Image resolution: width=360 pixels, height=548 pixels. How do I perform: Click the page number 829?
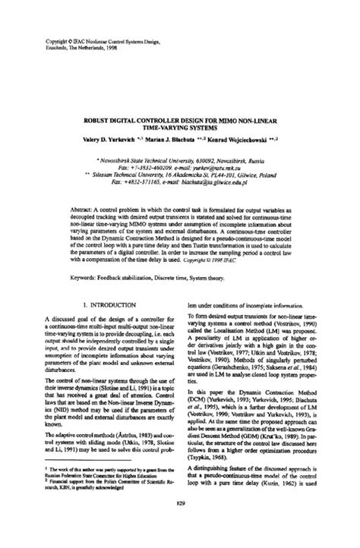tap(179, 526)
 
